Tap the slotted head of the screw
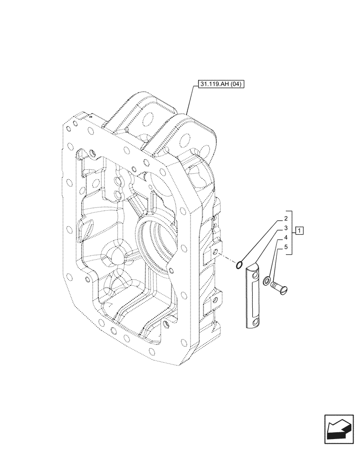coord(275,285)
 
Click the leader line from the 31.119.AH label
coord(191,100)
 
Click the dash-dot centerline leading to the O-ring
coord(228,259)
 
